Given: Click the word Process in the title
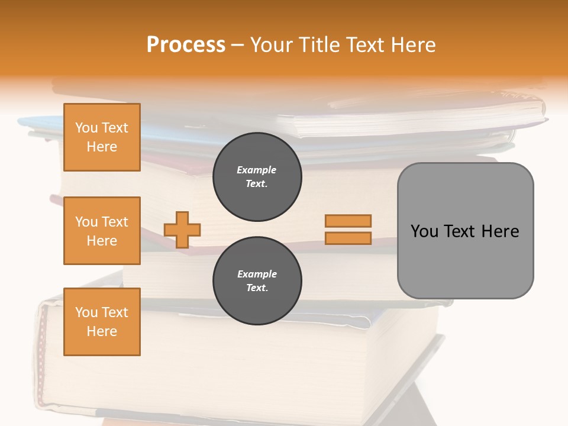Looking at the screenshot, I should pos(186,45).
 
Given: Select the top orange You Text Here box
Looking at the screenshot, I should pos(102,137).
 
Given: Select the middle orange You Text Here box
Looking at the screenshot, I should pos(102,231).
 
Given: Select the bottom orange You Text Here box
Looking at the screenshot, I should pos(102,322).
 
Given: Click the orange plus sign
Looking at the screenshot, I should pos(182,230).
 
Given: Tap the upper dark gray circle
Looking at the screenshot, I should pos(257,177).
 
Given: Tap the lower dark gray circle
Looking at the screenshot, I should pos(257,281).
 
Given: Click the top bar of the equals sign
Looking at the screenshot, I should pos(348,221).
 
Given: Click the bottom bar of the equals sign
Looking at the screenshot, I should pos(348,238).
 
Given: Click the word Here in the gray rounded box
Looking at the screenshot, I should pos(500,231).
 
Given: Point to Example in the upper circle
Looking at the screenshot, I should pos(257,170).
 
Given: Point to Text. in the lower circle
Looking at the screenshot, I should pos(257,288).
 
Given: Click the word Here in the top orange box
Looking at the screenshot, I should pos(102,147).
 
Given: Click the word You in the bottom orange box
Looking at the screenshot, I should pos(86,312).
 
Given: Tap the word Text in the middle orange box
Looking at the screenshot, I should pos(115,222).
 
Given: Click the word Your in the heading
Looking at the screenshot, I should pos(270,45).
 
